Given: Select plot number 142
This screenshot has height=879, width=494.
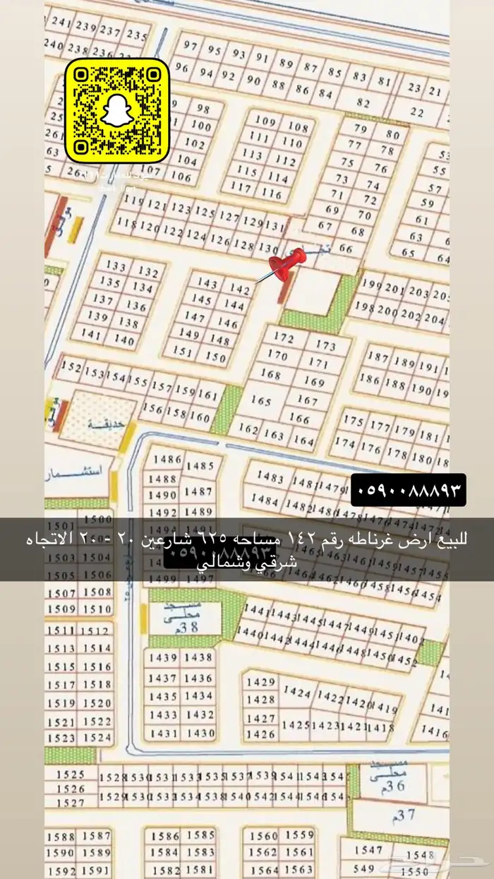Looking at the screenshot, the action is coord(241,289).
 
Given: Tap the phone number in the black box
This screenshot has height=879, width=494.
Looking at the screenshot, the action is coord(408,489).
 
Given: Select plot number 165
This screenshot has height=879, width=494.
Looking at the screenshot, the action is coord(260,400).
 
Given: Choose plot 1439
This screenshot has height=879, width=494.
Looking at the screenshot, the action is coord(163,657).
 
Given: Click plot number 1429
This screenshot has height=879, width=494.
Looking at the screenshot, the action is coord(263,682).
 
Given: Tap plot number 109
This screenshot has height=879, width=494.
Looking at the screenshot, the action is coord(265,121).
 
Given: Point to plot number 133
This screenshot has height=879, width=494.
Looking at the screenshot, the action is coord(116,266).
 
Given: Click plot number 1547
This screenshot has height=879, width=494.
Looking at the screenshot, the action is coord(368,849).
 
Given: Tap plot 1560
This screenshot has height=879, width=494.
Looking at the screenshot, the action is coord(264,837).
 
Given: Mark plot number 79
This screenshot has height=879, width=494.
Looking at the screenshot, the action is coord(361,128).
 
